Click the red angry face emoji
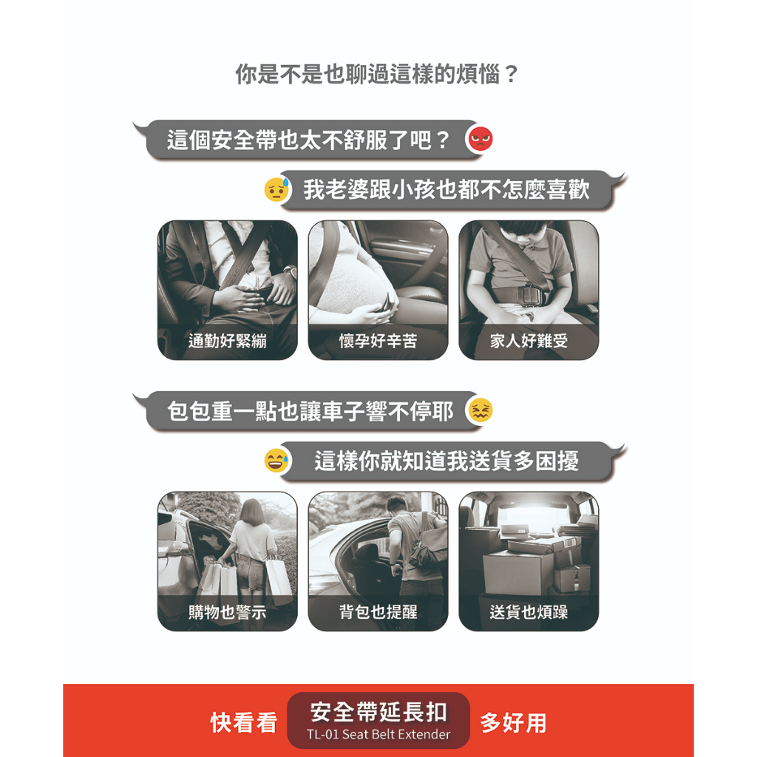click(x=481, y=139)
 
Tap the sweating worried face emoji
click(x=277, y=189)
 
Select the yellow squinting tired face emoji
click(x=481, y=410)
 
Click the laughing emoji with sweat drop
click(x=276, y=461)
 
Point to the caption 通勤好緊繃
click(x=228, y=342)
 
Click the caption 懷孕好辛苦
click(x=378, y=342)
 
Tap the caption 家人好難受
click(x=529, y=342)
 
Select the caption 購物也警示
click(x=228, y=612)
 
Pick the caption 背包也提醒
click(x=378, y=612)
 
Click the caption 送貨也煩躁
click(x=529, y=612)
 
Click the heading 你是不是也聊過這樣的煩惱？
click(x=377, y=75)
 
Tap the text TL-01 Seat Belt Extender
click(x=378, y=734)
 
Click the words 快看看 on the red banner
click(x=244, y=723)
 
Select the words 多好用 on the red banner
click(x=513, y=723)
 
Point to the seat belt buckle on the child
click(x=528, y=294)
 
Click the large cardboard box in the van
click(x=518, y=573)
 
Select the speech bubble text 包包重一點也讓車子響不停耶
click(x=310, y=411)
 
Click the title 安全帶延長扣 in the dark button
click(x=378, y=712)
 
